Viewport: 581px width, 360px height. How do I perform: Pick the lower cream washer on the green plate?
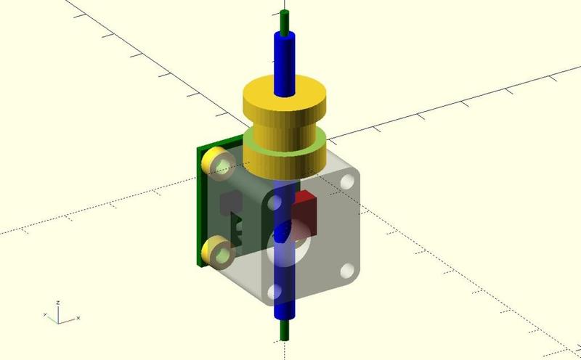coord(219,253)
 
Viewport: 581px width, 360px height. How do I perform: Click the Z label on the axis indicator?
coord(58,303)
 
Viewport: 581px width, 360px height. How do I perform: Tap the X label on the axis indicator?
coord(78,319)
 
